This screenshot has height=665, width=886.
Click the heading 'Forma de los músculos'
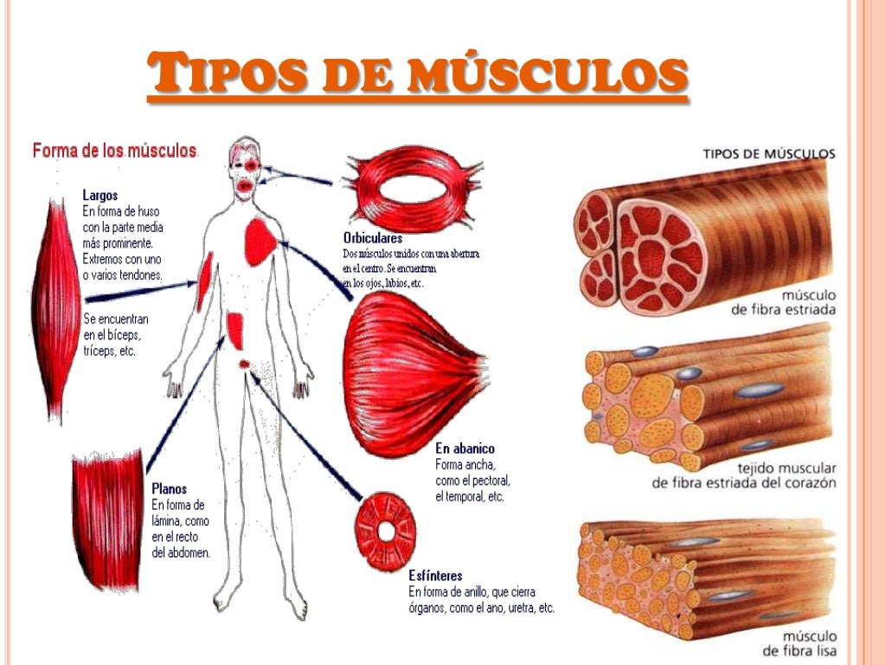coord(115,151)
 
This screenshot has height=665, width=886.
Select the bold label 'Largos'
coord(100,196)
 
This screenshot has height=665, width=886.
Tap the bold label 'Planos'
coord(169,488)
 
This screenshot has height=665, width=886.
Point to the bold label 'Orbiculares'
coord(373,238)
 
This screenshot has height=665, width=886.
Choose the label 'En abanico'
coord(465,449)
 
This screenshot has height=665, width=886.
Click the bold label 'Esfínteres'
coord(435,575)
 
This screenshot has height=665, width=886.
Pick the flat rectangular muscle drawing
coord(107,510)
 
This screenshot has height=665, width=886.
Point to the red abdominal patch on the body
coord(235,328)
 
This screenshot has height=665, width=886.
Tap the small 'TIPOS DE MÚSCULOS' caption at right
coord(769,154)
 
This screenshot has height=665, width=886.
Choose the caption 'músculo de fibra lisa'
coord(799,642)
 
